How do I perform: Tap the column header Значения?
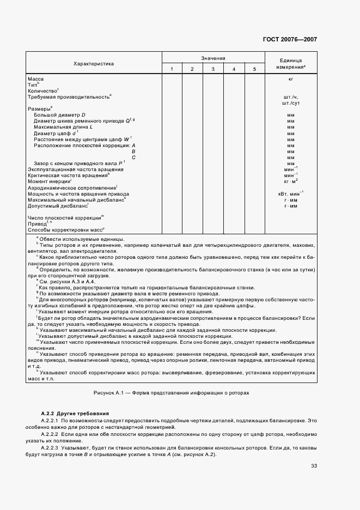point(213,58)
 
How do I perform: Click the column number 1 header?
point(172,69)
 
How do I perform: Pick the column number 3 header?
point(213,69)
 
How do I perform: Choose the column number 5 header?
point(254,69)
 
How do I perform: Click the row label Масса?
point(36,79)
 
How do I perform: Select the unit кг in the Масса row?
point(291,79)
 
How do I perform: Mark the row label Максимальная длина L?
point(63,127)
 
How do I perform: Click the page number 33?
point(314,465)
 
